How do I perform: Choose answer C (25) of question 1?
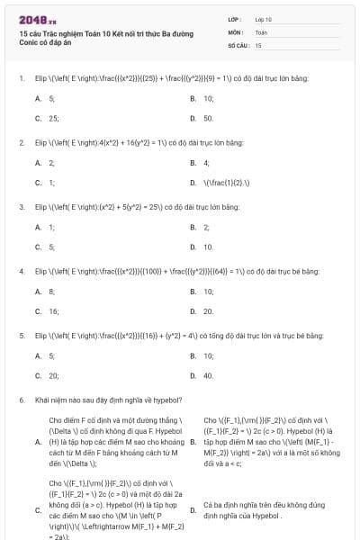click(x=52, y=118)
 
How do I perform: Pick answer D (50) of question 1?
click(x=208, y=118)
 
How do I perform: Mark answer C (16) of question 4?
click(x=52, y=310)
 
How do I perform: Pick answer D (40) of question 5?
click(x=208, y=375)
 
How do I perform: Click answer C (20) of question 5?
click(x=52, y=375)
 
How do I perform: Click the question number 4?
click(x=21, y=271)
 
